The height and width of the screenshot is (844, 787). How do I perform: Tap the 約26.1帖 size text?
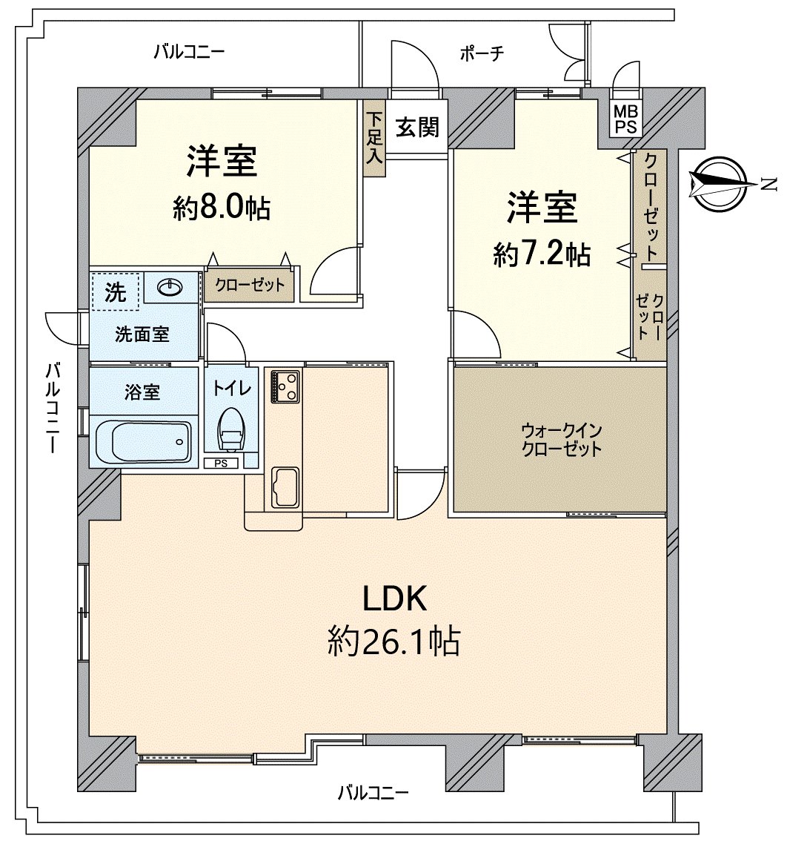394,641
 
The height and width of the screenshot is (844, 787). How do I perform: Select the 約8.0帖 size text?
222,207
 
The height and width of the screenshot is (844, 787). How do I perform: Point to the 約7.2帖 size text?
542,254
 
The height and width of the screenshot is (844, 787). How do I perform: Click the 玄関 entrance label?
417,127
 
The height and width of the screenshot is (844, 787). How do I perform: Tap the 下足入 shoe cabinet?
374,138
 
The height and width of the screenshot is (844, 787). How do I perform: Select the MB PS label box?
625,119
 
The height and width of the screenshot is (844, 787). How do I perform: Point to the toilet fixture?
232,429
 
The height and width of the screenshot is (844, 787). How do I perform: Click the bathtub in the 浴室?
144,441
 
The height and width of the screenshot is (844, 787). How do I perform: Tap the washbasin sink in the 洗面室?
170,287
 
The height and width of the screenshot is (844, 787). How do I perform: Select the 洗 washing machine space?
116,291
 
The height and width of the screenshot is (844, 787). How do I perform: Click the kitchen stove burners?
285,386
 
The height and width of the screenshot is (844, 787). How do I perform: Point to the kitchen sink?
285,487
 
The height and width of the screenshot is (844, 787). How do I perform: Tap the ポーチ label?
482,53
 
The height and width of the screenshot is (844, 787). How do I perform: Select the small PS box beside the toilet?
221,463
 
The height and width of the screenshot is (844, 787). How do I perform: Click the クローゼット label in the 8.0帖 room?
250,285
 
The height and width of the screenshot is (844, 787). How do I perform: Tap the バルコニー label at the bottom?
373,793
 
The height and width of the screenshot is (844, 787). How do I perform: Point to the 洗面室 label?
142,334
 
